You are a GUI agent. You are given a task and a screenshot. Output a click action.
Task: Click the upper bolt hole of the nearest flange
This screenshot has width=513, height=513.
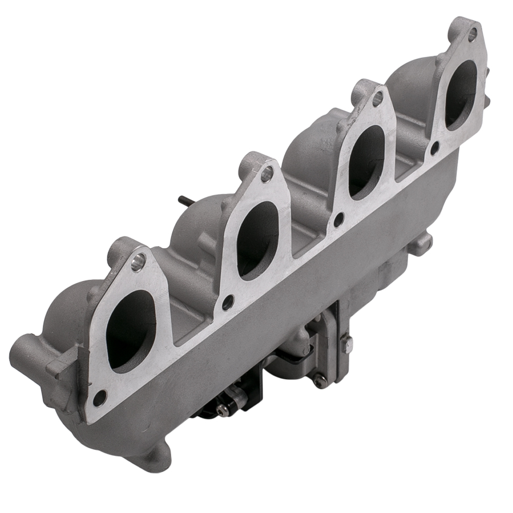coord(138,265)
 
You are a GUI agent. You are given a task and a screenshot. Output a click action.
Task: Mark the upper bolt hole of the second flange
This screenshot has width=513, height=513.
coord(266,174)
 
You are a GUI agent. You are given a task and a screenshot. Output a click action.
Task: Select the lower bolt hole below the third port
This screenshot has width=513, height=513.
coord(339,219)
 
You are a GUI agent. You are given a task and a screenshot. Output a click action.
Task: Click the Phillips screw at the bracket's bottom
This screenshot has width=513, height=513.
coord(321,380)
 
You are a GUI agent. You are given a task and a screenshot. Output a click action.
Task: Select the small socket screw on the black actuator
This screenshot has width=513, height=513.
coord(221,408)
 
